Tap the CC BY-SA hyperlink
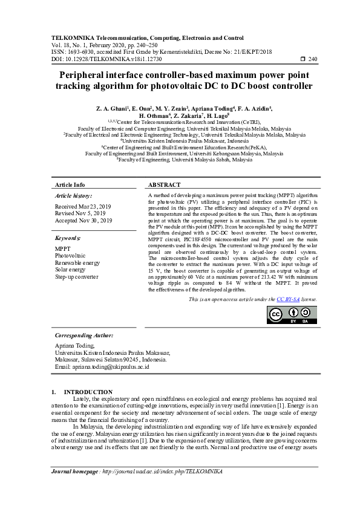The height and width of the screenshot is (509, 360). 288,299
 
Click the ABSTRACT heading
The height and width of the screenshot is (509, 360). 165,184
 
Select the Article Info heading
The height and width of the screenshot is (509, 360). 70,184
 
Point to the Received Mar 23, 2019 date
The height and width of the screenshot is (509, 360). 83,206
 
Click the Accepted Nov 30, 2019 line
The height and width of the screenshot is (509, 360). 83,221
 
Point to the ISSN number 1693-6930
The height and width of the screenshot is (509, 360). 82,51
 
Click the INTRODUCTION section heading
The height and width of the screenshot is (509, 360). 88,392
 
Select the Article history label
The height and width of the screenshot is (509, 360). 73,196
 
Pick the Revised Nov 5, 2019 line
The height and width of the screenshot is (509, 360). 81,213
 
